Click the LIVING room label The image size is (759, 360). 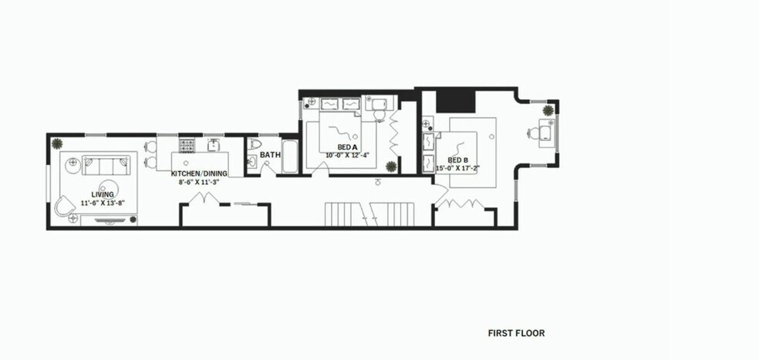[x=103, y=193]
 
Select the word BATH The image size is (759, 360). [x=270, y=155]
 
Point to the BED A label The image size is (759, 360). [x=348, y=147]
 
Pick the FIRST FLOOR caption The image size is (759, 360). [x=516, y=334]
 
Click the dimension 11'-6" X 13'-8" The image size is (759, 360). [x=103, y=203]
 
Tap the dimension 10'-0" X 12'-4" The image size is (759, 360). [x=348, y=156]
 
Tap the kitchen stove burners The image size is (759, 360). [x=188, y=144]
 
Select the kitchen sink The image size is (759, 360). [x=213, y=145]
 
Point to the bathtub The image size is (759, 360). [x=290, y=156]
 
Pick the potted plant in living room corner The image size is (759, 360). [x=57, y=143]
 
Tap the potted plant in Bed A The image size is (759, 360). [x=392, y=166]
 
